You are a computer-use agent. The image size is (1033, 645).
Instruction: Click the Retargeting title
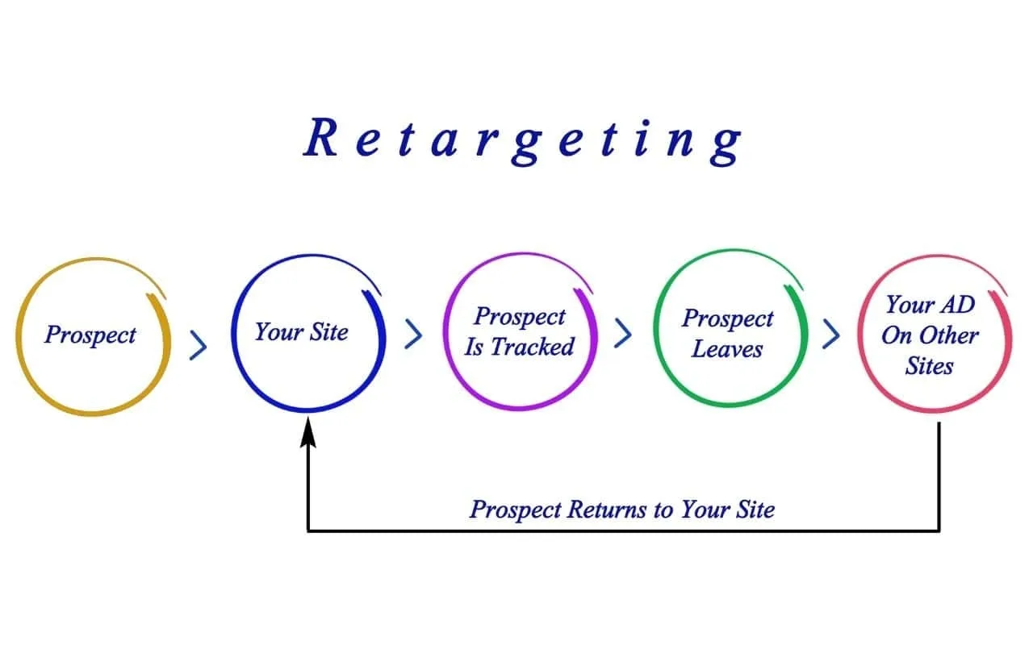pos(522,140)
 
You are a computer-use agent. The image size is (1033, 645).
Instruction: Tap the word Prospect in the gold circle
pos(90,335)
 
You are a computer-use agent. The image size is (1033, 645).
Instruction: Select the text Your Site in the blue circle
pos(302,331)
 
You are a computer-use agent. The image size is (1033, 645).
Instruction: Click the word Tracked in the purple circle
pos(532,347)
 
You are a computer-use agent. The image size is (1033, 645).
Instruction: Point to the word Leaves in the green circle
pos(727,349)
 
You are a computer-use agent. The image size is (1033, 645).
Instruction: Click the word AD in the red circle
pos(957,305)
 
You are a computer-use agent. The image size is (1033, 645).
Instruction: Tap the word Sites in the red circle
pos(929,366)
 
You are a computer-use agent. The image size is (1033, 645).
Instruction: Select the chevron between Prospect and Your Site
pos(199,345)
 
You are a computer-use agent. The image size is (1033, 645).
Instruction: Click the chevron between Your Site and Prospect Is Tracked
pos(413,334)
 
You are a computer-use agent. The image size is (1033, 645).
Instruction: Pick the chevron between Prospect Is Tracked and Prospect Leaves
pos(623,333)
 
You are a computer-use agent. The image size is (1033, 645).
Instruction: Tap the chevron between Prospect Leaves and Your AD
pos(831,334)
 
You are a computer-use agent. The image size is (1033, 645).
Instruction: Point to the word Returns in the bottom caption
pos(607,510)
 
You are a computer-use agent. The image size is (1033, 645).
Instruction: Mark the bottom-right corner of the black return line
pos(939,531)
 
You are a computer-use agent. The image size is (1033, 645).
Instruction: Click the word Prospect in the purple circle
pos(520,317)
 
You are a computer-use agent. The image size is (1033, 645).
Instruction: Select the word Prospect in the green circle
pos(728,318)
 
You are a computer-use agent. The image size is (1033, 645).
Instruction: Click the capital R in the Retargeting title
pos(320,137)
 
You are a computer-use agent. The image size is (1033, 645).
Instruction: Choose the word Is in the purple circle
pos(474,347)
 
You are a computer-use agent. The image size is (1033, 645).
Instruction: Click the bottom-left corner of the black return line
pos(308,531)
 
